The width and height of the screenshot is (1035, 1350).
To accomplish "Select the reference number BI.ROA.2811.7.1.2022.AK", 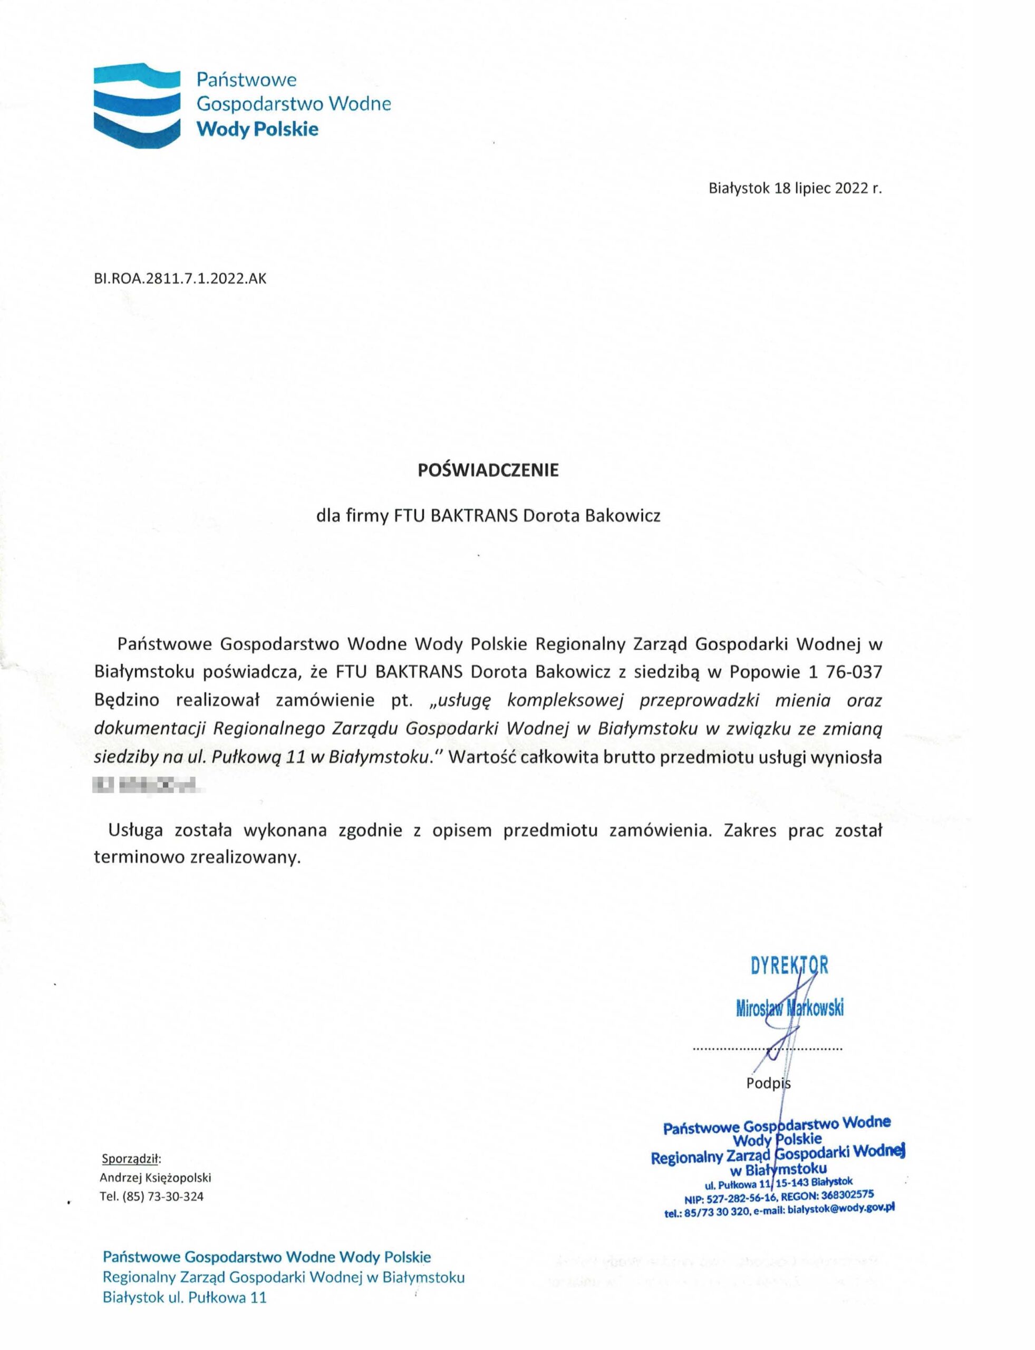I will pyautogui.click(x=180, y=278).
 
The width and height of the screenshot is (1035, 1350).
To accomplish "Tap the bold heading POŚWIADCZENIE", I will pyautogui.click(x=488, y=470).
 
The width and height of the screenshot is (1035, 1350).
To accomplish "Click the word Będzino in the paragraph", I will pyautogui.click(x=127, y=700).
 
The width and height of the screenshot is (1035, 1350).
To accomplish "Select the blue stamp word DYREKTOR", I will pyautogui.click(x=789, y=965).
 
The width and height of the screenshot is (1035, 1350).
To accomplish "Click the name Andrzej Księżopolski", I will pyautogui.click(x=155, y=1178).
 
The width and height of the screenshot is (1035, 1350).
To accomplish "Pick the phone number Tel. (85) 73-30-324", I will pyautogui.click(x=151, y=1197).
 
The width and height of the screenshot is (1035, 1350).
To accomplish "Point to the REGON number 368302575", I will pyautogui.click(x=847, y=1195).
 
